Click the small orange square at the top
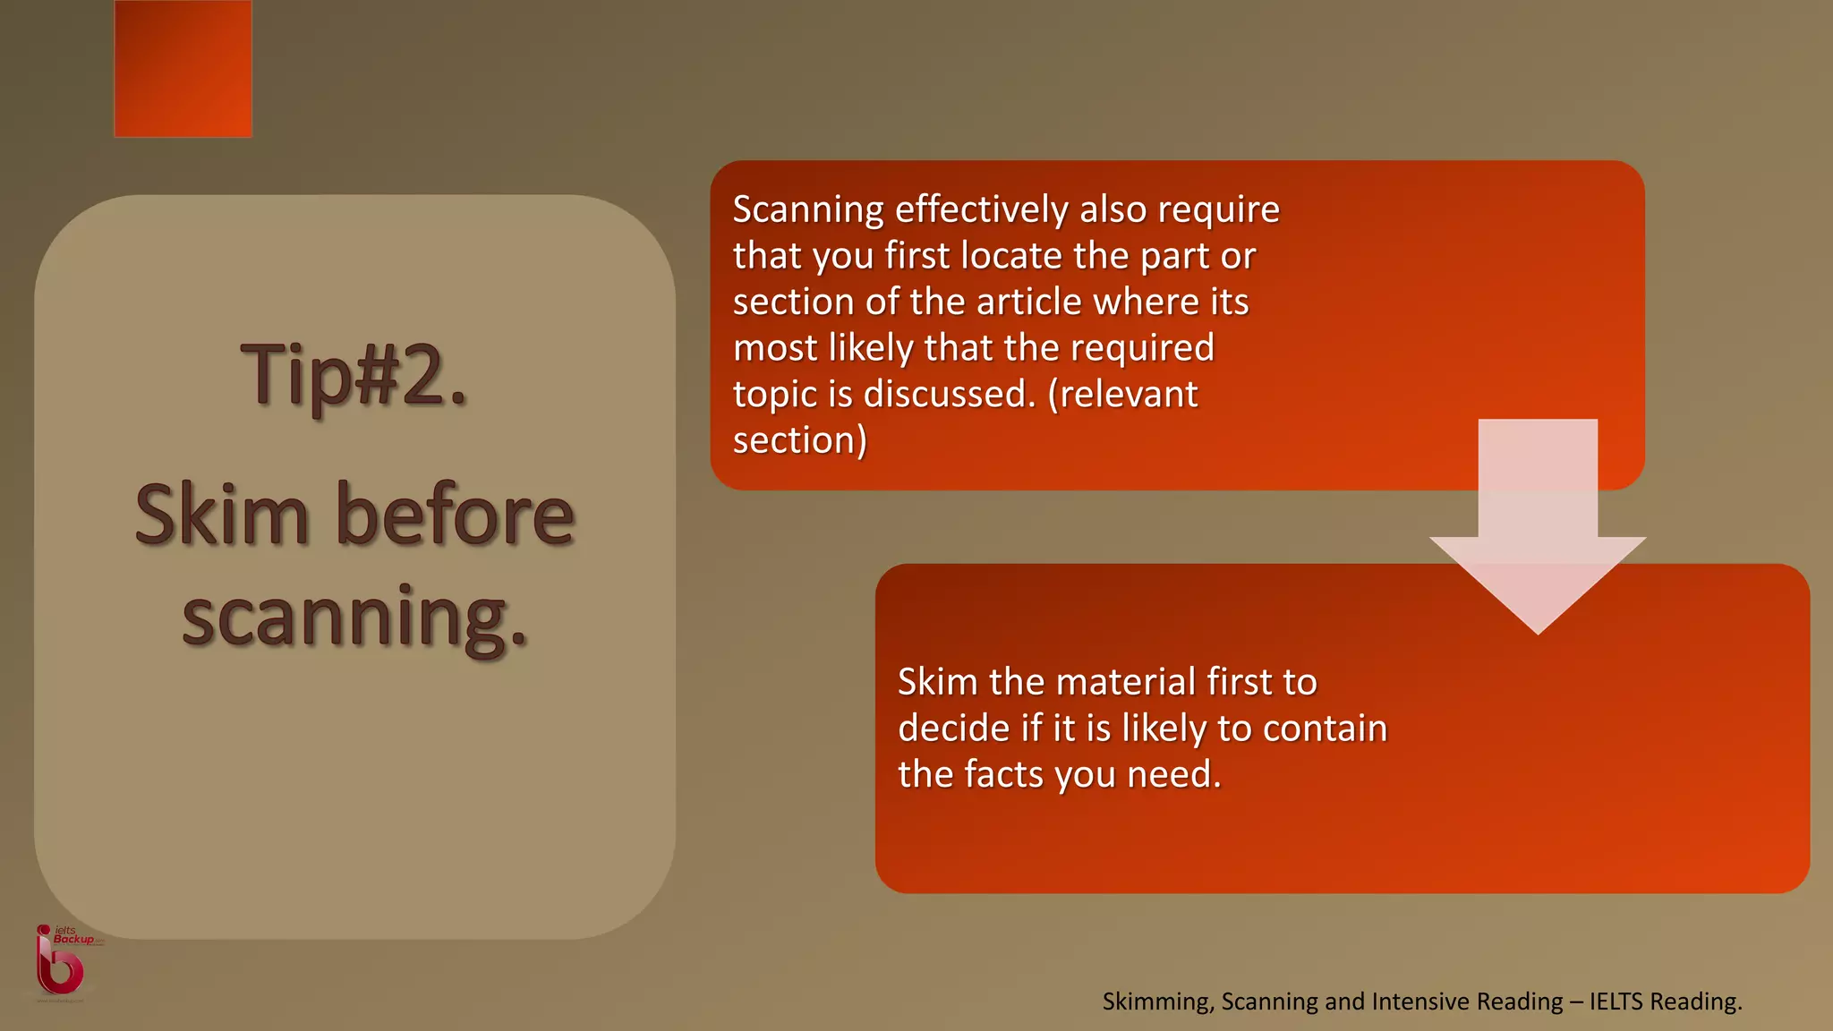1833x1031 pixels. coord(183,69)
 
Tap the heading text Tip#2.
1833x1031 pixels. coord(354,375)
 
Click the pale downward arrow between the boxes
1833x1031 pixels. coord(1538,528)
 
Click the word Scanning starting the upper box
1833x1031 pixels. coord(808,210)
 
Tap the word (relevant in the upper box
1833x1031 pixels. coord(1122,395)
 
